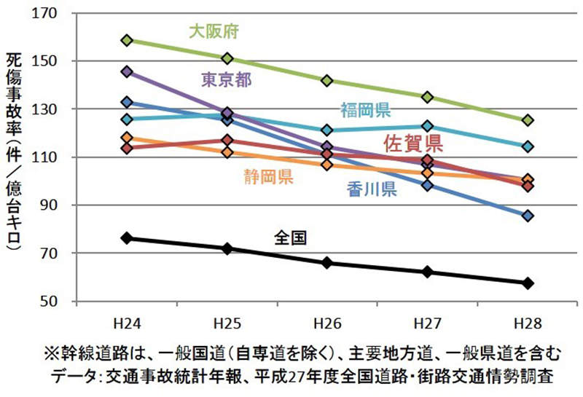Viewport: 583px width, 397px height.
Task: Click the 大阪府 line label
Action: click(214, 31)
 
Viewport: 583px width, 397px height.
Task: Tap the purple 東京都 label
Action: click(227, 80)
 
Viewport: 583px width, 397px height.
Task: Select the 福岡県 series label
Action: click(366, 111)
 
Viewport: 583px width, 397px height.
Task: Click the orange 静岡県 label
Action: click(269, 176)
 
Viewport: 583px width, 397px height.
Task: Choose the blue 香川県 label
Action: click(372, 190)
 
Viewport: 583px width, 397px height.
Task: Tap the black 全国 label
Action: click(289, 237)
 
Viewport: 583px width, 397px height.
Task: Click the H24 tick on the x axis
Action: click(128, 321)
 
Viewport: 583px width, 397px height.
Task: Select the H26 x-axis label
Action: click(327, 321)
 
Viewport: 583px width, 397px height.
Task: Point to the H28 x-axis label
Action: click(528, 321)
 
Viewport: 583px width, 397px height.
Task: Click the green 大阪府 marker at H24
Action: click(128, 40)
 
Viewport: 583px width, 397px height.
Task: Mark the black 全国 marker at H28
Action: click(528, 283)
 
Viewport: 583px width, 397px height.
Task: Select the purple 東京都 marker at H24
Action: click(128, 71)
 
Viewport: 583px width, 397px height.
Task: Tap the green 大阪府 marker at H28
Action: click(528, 120)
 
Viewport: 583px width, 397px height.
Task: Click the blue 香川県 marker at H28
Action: click(528, 216)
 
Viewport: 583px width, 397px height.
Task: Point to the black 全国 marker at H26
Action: click(327, 262)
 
